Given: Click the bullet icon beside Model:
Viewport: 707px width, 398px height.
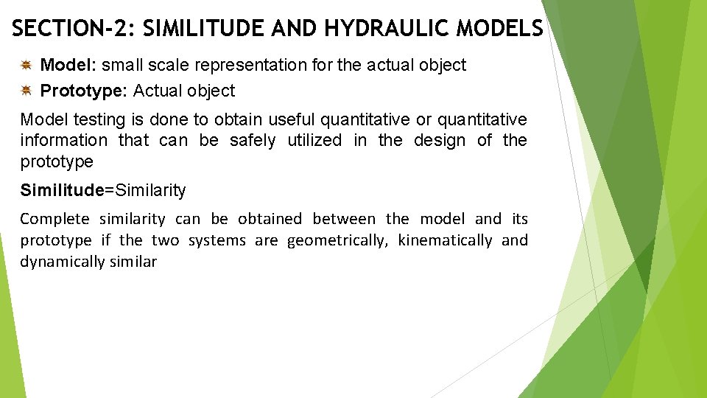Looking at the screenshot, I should click(x=26, y=66).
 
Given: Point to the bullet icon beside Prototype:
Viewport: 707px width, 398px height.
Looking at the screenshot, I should click(x=26, y=91).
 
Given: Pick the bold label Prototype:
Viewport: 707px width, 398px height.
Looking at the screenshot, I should click(x=84, y=91).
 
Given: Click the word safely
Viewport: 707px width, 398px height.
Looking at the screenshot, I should click(x=253, y=140).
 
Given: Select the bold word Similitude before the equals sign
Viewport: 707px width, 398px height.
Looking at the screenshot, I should click(x=62, y=190).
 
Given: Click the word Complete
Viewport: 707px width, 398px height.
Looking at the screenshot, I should click(x=54, y=219).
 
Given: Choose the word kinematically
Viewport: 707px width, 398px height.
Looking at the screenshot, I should click(x=445, y=240).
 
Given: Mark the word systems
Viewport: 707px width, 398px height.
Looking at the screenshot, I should click(x=217, y=240).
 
